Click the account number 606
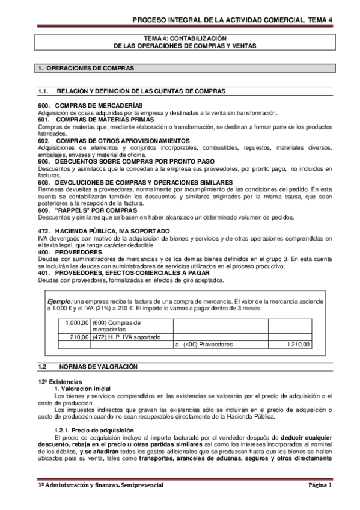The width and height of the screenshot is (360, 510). [x=43, y=161]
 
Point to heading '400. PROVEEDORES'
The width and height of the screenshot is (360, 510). [x=64, y=251]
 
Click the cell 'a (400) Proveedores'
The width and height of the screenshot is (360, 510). [x=203, y=345]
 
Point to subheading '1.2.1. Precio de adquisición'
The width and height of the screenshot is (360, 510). [x=90, y=428]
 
